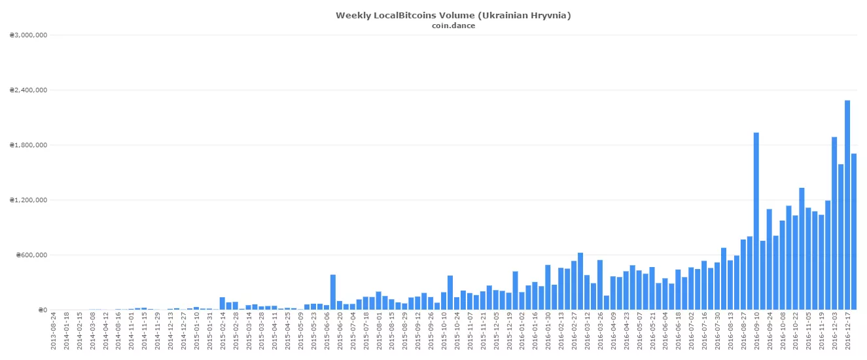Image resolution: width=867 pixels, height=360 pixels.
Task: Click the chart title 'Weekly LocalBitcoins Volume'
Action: [453, 15]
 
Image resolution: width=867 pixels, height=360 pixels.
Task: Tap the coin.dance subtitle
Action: [453, 26]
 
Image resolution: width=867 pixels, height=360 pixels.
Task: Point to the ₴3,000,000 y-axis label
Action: [28, 35]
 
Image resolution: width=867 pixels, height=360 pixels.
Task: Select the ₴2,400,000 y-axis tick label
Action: [28, 90]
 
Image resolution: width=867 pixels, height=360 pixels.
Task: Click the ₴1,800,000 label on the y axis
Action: [28, 145]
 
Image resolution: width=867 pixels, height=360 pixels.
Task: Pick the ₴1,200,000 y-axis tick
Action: [28, 200]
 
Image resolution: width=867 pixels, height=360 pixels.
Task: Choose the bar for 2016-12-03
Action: [834, 223]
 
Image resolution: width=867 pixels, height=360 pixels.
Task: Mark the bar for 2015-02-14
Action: [222, 304]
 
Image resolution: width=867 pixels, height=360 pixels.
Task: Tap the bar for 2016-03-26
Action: [600, 285]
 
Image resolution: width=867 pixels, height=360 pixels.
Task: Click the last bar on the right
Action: [854, 232]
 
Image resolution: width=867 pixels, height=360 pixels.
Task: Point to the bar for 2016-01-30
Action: [548, 287]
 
